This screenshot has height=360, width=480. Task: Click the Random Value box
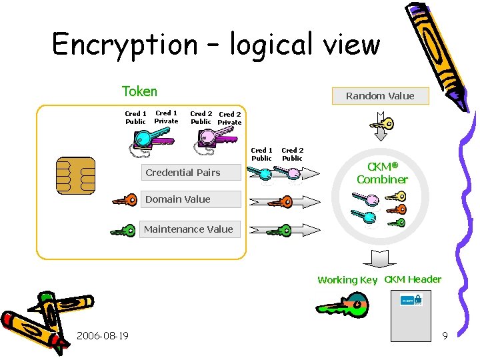tap(380, 96)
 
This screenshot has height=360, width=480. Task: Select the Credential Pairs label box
tap(183, 173)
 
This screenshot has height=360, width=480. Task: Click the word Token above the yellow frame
tap(139, 91)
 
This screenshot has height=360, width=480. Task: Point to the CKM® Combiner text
tap(382, 173)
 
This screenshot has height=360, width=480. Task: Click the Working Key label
tap(347, 280)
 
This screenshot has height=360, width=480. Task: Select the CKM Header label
tap(413, 279)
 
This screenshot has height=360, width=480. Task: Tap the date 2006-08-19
tap(103, 335)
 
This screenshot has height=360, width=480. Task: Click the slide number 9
tap(445, 336)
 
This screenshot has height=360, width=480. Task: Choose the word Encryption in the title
tap(125, 45)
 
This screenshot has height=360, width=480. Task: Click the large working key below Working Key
tap(341, 305)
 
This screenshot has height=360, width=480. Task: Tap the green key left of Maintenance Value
tap(123, 230)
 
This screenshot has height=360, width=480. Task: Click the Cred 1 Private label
tap(166, 117)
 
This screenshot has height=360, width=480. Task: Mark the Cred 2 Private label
tap(230, 119)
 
